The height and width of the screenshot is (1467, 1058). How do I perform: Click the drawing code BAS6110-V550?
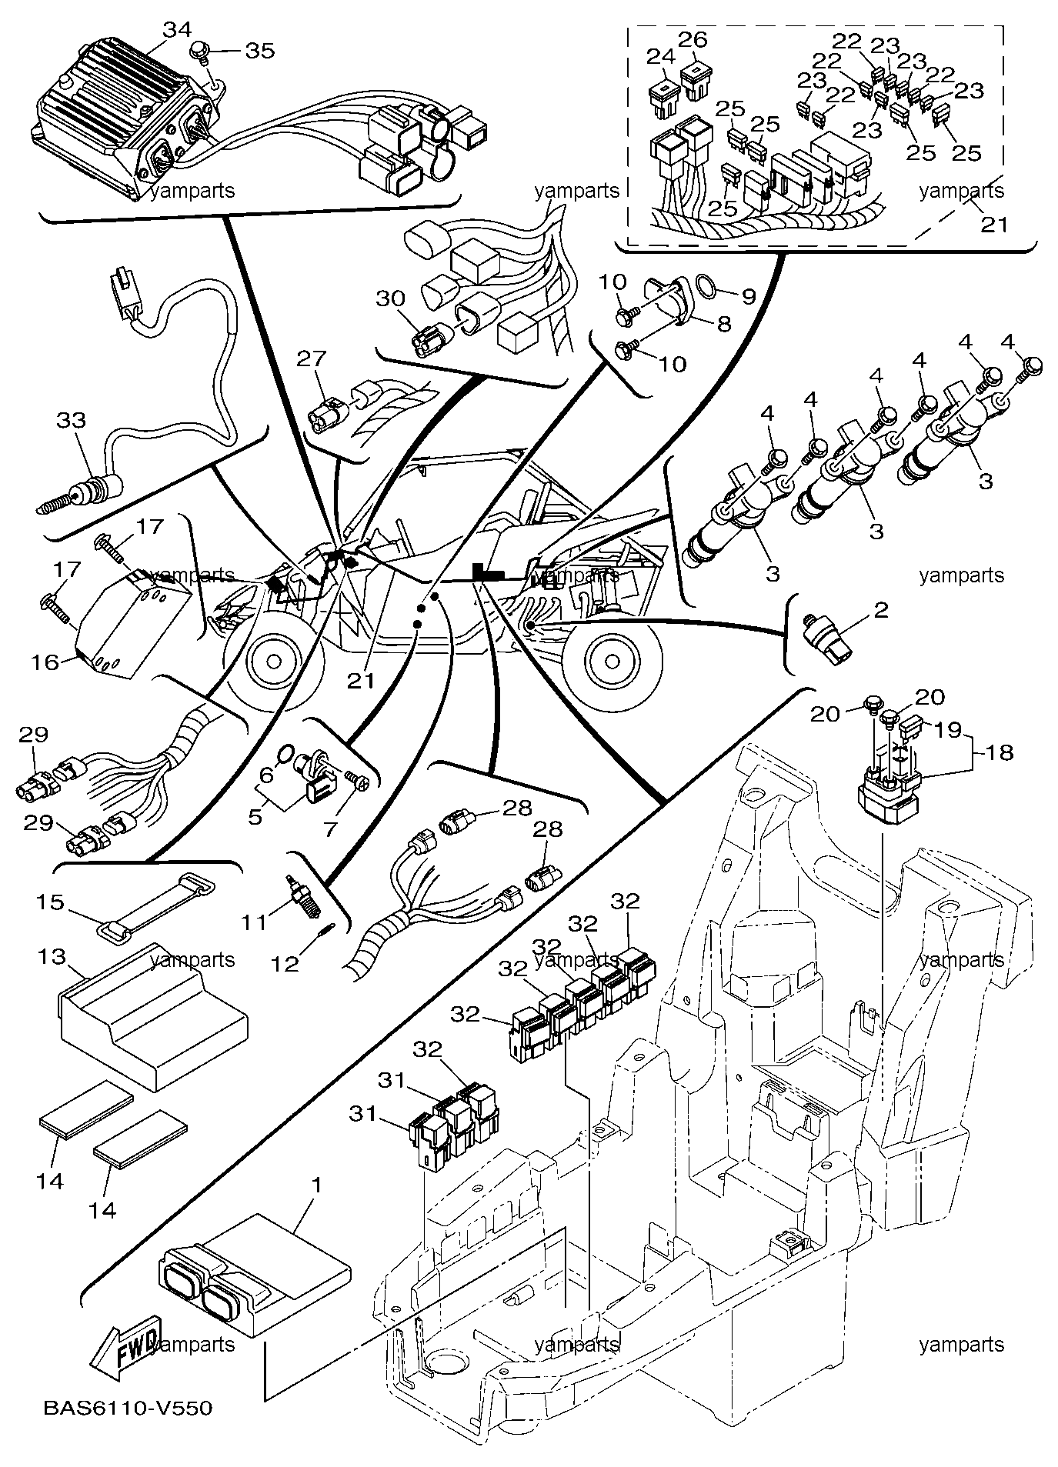[x=128, y=1409]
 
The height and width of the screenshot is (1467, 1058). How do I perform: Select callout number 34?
[x=178, y=30]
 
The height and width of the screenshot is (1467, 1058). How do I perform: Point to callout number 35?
[x=259, y=50]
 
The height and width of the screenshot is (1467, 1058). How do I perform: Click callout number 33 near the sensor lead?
[x=71, y=420]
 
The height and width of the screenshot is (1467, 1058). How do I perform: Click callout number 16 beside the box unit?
[x=45, y=662]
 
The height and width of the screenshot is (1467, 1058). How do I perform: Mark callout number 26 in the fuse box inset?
[x=693, y=38]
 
